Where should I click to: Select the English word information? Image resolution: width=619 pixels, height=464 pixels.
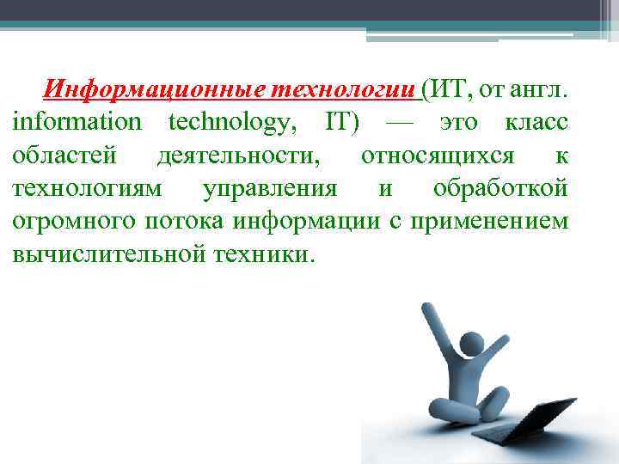click(x=76, y=122)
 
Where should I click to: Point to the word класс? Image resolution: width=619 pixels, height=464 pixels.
click(x=534, y=122)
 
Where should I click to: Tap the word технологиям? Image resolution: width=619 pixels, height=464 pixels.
click(x=82, y=188)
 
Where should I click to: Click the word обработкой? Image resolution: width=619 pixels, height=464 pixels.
click(x=499, y=188)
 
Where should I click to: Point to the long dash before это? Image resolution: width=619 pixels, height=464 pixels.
click(x=404, y=122)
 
